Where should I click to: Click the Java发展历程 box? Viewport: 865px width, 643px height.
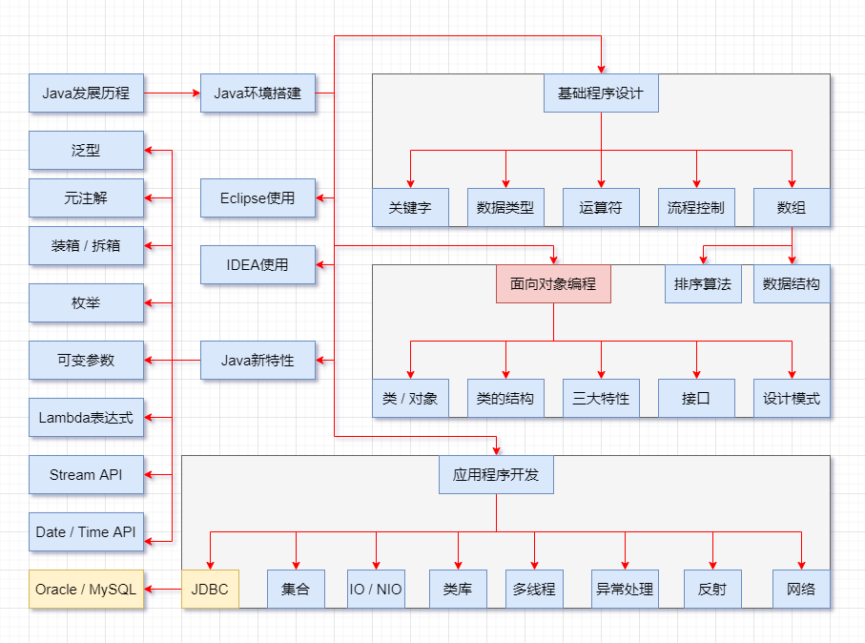click(x=86, y=93)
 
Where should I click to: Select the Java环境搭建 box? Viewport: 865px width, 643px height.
click(x=257, y=93)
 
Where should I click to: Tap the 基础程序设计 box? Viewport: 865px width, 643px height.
click(x=601, y=93)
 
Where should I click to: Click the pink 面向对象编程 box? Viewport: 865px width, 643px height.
click(x=553, y=284)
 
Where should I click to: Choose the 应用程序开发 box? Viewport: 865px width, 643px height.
click(x=496, y=474)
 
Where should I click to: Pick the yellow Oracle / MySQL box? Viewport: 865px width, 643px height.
click(x=86, y=590)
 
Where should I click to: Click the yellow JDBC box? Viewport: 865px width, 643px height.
click(x=210, y=590)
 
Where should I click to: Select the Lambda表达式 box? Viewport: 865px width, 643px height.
click(x=86, y=418)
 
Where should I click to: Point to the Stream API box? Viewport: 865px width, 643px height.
click(x=86, y=475)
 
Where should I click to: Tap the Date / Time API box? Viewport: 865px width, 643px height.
click(x=86, y=532)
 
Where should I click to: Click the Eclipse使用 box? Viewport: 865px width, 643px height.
click(x=257, y=198)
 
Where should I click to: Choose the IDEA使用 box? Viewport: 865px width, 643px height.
click(x=257, y=264)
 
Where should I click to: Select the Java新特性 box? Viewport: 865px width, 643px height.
click(x=257, y=361)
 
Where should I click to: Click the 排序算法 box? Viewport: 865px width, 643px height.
click(x=703, y=284)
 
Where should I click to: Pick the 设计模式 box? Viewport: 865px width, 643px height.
click(x=792, y=399)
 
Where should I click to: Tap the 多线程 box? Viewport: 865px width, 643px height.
click(x=534, y=590)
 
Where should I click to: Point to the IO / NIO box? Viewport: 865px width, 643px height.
click(x=376, y=590)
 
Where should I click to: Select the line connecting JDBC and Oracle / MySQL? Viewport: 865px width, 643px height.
click(x=163, y=590)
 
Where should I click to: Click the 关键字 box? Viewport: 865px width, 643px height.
click(x=410, y=208)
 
